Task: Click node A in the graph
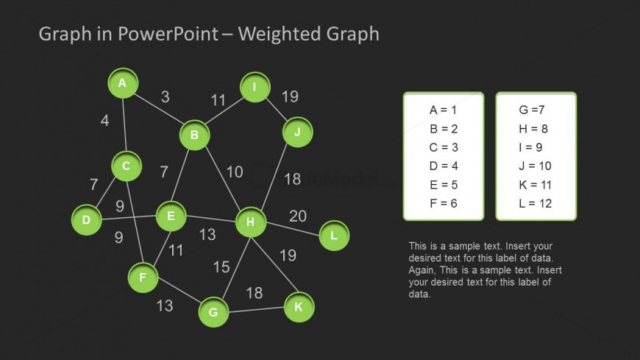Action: pyautogui.click(x=123, y=83)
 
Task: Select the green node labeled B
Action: pyautogui.click(x=194, y=135)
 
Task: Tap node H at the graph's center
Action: pyautogui.click(x=250, y=222)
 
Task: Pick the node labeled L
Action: pyautogui.click(x=334, y=236)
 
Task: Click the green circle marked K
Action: pyautogui.click(x=298, y=307)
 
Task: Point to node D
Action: pyautogui.click(x=86, y=220)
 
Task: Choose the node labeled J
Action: pyautogui.click(x=297, y=133)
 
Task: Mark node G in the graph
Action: pyautogui.click(x=213, y=312)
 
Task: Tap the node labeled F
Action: pyautogui.click(x=143, y=278)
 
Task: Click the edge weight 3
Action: pyautogui.click(x=166, y=96)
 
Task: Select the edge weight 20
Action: pyautogui.click(x=297, y=216)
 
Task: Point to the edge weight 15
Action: pyautogui.click(x=221, y=267)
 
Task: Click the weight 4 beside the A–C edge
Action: pyautogui.click(x=105, y=120)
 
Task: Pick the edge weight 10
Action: pyautogui.click(x=234, y=172)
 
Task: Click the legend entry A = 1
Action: pyautogui.click(x=443, y=110)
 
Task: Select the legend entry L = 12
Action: pyautogui.click(x=535, y=203)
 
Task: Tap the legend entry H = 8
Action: pyautogui.click(x=533, y=129)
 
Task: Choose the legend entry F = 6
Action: pyautogui.click(x=443, y=203)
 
